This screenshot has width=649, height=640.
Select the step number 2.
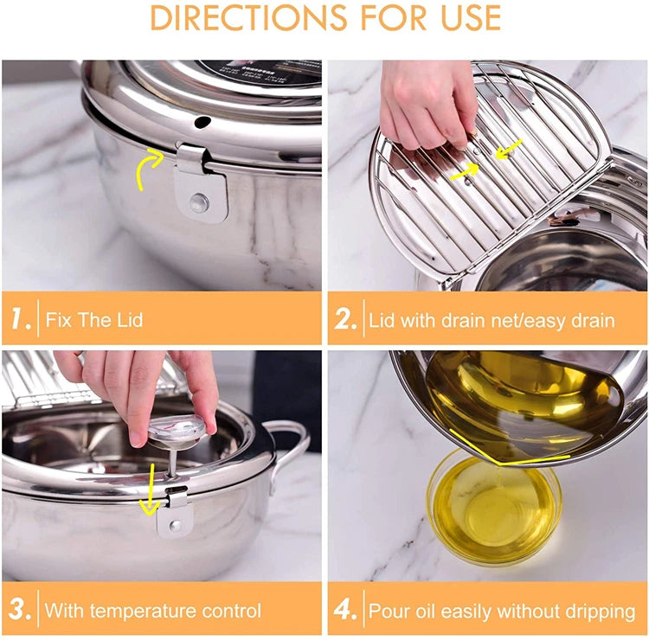pos(345,320)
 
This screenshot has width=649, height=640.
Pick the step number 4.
pos(345,610)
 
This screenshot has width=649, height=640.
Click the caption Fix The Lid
pos(94,320)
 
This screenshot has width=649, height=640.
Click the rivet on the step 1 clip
pos(199,202)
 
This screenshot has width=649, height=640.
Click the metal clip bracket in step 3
pos(174,515)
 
